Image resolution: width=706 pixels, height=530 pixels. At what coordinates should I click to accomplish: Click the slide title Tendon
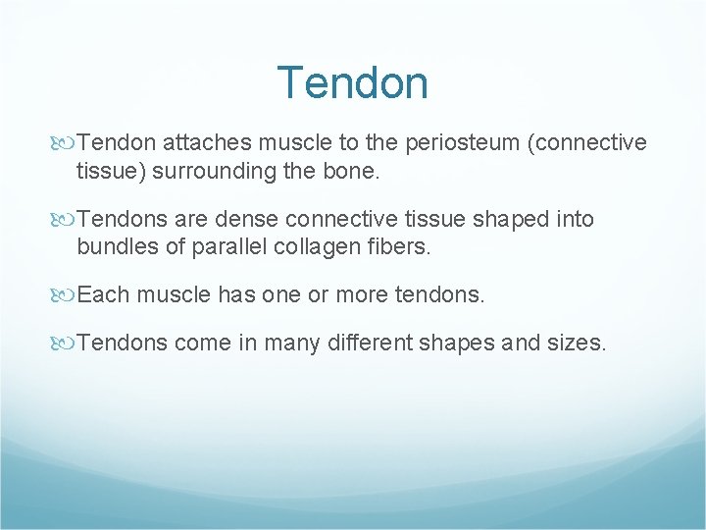[x=352, y=82]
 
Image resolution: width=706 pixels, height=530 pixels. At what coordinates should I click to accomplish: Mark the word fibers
[x=399, y=246]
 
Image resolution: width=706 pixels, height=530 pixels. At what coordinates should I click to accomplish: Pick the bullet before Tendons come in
[x=67, y=344]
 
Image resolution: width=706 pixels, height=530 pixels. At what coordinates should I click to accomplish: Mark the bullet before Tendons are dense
[x=67, y=220]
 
